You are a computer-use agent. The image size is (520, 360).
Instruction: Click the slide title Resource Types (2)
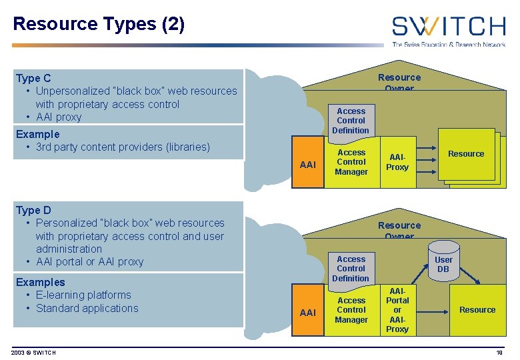(x=99, y=24)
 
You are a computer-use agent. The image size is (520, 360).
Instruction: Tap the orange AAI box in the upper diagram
(x=308, y=164)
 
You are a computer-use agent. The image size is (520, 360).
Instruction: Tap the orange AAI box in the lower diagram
(x=308, y=312)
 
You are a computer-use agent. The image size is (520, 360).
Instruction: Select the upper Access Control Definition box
(x=351, y=121)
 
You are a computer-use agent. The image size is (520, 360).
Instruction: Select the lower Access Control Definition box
(x=351, y=269)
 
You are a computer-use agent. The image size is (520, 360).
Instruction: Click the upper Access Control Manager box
(x=351, y=162)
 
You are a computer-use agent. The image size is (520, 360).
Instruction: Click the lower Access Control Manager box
(x=351, y=310)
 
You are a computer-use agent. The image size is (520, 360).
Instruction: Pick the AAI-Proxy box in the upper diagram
(x=397, y=162)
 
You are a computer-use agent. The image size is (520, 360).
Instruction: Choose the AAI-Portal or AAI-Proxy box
(x=397, y=310)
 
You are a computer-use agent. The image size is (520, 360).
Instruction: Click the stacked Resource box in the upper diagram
(x=466, y=155)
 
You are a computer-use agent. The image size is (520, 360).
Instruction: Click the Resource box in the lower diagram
(x=477, y=310)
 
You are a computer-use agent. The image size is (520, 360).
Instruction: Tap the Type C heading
(x=33, y=78)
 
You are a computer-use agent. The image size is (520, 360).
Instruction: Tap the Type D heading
(x=33, y=210)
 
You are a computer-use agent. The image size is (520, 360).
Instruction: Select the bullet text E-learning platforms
(x=83, y=295)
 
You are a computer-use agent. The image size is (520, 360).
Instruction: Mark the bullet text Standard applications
(x=87, y=308)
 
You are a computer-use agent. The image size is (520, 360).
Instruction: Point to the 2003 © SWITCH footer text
(x=33, y=352)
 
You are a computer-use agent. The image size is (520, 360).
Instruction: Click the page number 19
(x=499, y=352)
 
